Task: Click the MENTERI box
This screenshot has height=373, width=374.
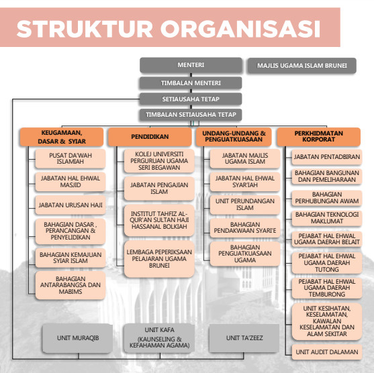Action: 191,65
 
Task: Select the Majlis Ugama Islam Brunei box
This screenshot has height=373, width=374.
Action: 302,66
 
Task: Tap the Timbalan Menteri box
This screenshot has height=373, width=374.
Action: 191,83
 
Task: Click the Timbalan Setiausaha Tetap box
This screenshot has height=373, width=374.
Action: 191,115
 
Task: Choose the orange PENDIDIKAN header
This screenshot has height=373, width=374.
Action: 150,137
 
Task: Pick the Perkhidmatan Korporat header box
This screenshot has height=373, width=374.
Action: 319,137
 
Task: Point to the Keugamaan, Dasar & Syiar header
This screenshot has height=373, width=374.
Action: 62,137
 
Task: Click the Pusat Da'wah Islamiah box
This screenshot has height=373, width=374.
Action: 71,158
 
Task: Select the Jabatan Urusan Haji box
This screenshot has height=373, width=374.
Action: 71,205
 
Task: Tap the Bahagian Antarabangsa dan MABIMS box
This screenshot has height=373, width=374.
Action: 71,285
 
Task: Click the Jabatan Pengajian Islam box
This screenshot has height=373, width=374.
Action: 159,189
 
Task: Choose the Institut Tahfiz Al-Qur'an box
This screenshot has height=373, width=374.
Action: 159,220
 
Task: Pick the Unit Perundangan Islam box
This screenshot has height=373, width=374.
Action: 245,205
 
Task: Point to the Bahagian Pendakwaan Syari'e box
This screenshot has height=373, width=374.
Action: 245,227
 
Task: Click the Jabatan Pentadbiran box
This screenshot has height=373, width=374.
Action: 327,157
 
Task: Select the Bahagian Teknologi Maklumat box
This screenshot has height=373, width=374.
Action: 327,218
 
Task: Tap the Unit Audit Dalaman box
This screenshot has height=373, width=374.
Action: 327,352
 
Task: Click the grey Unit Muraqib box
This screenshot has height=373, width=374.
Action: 77,338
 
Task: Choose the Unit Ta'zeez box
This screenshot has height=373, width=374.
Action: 244,338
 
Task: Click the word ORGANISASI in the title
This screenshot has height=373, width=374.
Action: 240,29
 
